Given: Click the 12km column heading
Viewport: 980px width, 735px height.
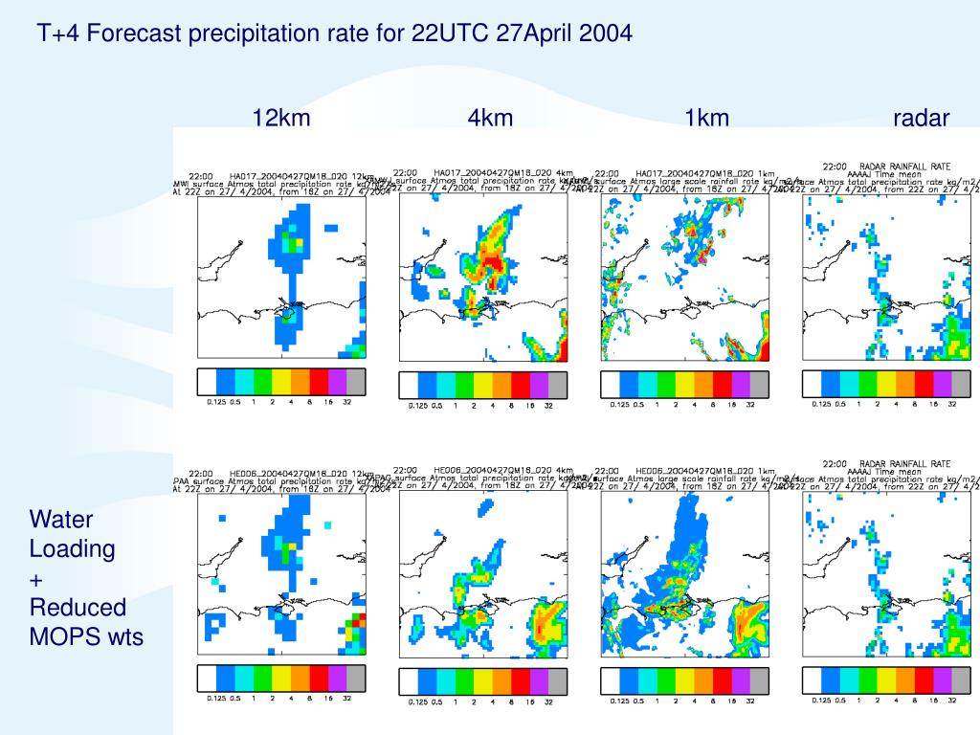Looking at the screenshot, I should pos(281,118).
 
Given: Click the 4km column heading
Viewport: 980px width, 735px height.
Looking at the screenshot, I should pos(490,118).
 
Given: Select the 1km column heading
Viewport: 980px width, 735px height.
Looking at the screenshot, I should pos(706,118).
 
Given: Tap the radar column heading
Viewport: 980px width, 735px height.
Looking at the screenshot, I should pos(921,118).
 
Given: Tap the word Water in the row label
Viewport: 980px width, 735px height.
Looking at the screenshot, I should pos(61,520).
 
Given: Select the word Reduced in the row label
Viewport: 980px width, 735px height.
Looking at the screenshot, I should pos(78,607).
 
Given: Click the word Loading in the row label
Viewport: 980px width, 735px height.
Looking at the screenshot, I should pos(72,549).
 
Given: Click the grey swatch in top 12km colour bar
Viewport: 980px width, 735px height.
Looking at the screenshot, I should pos(356,382).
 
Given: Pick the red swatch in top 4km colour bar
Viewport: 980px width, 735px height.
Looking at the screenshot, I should pos(521,386).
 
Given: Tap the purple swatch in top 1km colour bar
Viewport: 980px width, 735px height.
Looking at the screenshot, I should pos(742,385).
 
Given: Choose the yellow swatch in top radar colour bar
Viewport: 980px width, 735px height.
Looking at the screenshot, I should pos(887,385).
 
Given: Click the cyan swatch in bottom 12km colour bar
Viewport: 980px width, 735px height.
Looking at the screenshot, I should pos(244,679).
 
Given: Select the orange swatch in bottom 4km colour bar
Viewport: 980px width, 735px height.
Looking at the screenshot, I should pos(502,681).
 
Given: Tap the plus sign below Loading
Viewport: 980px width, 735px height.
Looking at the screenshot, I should pos(36,580).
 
